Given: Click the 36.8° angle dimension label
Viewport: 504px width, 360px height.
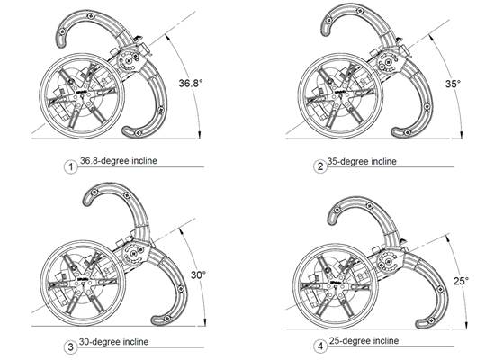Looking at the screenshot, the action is pyautogui.click(x=191, y=83).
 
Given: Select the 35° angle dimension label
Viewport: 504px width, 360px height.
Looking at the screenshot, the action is pyautogui.click(x=453, y=84).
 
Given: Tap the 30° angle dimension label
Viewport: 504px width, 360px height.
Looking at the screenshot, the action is pyautogui.click(x=198, y=274).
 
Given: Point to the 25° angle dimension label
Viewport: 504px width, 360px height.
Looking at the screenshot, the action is pyautogui.click(x=461, y=281).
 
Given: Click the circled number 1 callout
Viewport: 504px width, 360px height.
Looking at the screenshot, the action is pyautogui.click(x=71, y=167).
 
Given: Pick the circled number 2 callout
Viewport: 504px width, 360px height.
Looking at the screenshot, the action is pyautogui.click(x=320, y=166).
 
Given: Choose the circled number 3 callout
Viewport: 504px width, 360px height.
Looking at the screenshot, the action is pyautogui.click(x=71, y=347).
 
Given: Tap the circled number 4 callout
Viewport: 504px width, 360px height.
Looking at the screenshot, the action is pyautogui.click(x=320, y=346).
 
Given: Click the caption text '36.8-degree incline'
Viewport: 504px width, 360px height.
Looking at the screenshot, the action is pyautogui.click(x=119, y=161).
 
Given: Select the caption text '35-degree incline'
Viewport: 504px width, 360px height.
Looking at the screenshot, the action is pyautogui.click(x=362, y=161).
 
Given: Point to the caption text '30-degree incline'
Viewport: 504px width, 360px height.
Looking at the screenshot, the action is pyautogui.click(x=114, y=341).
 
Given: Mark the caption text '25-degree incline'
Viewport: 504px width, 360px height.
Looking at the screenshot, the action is pyautogui.click(x=364, y=341).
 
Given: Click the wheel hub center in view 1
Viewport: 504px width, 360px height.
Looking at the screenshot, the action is pyautogui.click(x=82, y=96).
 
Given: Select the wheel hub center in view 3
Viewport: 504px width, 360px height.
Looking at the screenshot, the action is pyautogui.click(x=83, y=283).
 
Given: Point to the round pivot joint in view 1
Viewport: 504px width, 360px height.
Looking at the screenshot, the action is pyautogui.click(x=129, y=61).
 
